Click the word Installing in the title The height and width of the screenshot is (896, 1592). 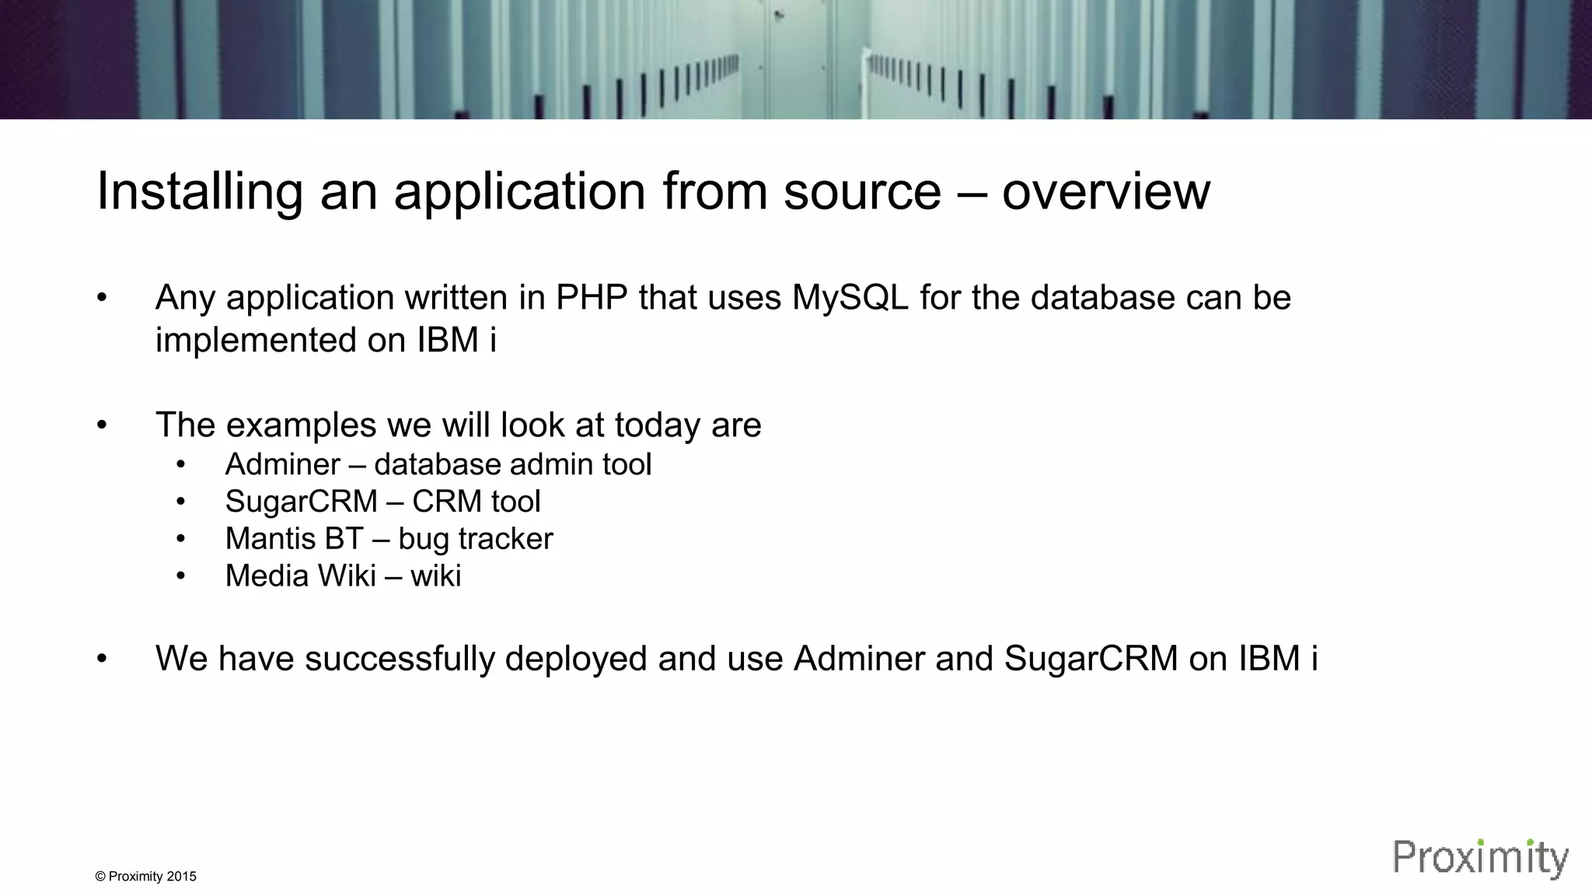(x=199, y=192)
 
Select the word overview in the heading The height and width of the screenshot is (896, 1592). (x=1105, y=192)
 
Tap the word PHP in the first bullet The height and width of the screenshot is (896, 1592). (x=592, y=298)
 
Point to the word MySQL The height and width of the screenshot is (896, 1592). (x=850, y=298)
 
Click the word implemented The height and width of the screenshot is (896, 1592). (x=256, y=340)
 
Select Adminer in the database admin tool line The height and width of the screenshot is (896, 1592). (x=282, y=464)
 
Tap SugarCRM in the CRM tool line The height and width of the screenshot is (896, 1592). (x=301, y=502)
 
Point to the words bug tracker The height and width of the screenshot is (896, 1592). (x=475, y=539)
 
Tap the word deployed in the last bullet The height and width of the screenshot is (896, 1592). (x=576, y=659)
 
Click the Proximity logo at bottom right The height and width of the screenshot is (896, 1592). (x=1480, y=859)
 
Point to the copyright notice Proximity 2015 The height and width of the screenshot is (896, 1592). (x=145, y=877)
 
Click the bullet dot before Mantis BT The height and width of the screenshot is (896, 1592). (x=181, y=539)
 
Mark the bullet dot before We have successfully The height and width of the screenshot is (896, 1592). (x=102, y=659)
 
